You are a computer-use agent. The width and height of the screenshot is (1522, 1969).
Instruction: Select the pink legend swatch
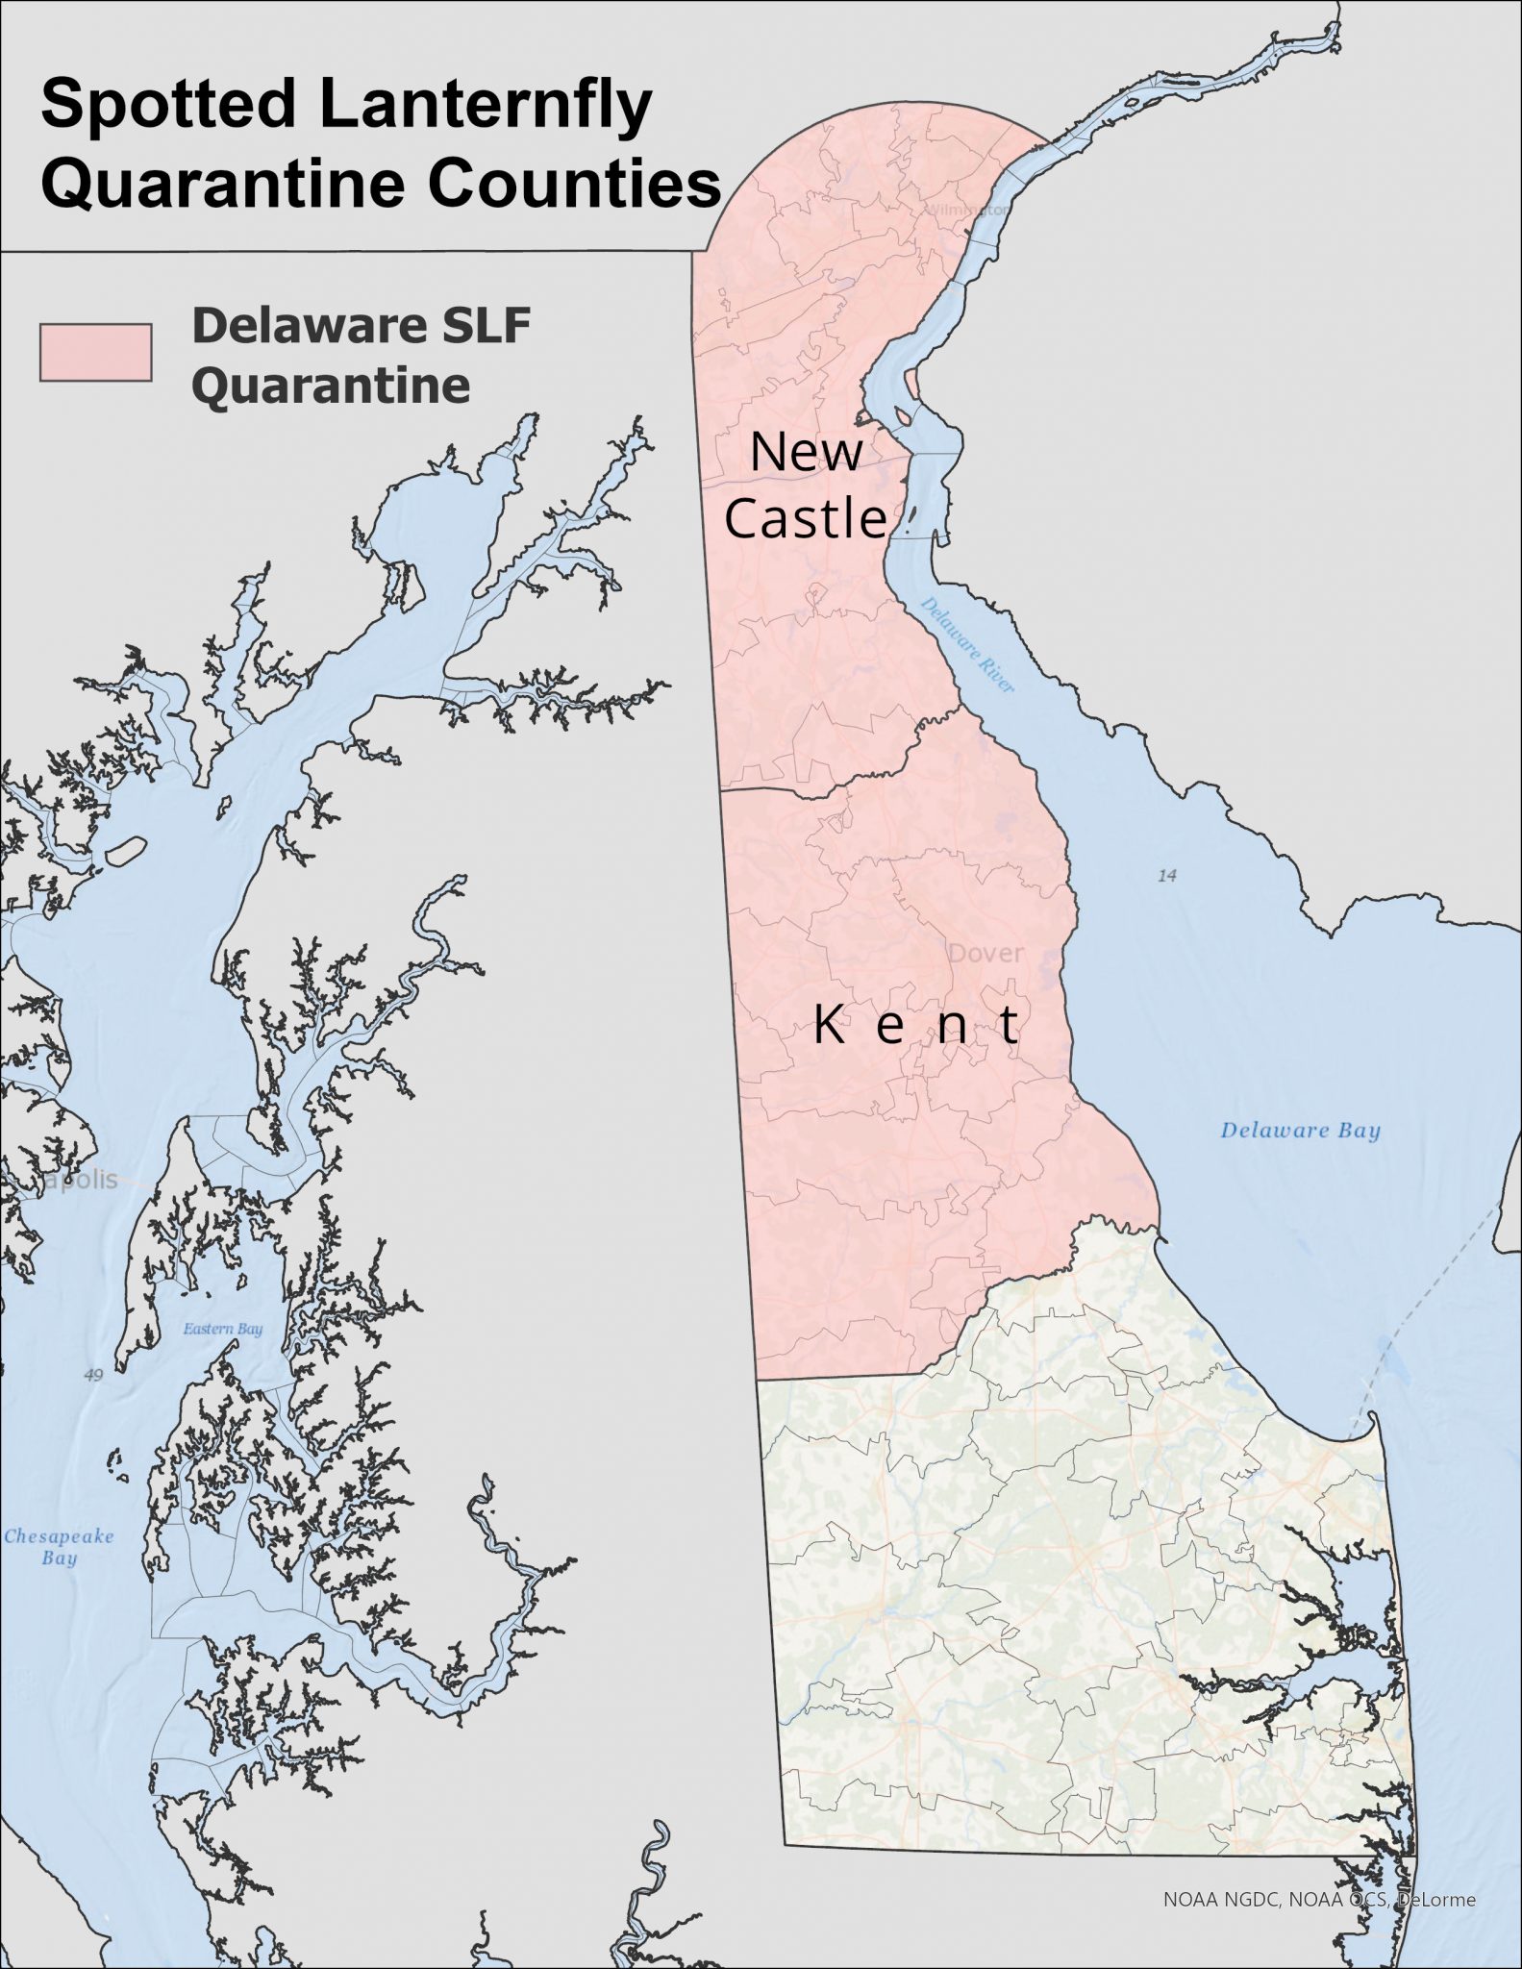point(95,353)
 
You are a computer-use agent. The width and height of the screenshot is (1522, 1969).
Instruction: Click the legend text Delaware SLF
point(361,327)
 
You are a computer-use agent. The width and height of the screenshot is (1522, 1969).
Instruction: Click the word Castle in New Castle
point(805,518)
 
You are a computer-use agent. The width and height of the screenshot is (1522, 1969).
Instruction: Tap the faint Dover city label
point(986,954)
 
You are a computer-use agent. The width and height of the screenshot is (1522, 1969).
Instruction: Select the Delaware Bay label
point(1300,1131)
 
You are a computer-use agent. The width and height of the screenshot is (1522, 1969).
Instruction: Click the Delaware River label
point(967,644)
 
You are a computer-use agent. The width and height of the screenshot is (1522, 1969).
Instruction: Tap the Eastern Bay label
point(222,1330)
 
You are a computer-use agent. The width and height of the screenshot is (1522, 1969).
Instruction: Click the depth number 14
point(1167,876)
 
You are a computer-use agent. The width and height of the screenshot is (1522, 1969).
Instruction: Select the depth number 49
point(92,1376)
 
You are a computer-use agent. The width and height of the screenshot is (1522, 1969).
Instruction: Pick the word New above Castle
point(806,452)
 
